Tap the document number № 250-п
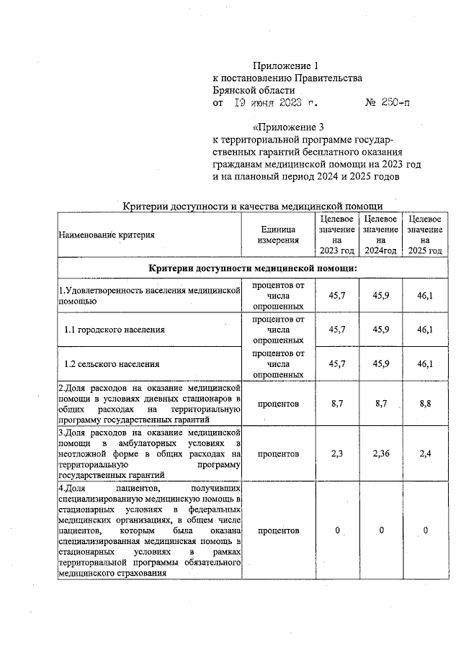pos(388,104)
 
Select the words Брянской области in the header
pos(254,91)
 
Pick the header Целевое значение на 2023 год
pos(337,234)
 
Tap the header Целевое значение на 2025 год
pos(425,234)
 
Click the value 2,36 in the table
pos(381,454)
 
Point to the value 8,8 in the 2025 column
pos(426,404)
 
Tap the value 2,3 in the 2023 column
pos(337,454)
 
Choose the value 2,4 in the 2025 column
pos(426,454)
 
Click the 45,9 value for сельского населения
pos(381,364)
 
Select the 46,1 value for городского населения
pos(426,330)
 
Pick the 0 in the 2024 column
pos(381,530)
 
